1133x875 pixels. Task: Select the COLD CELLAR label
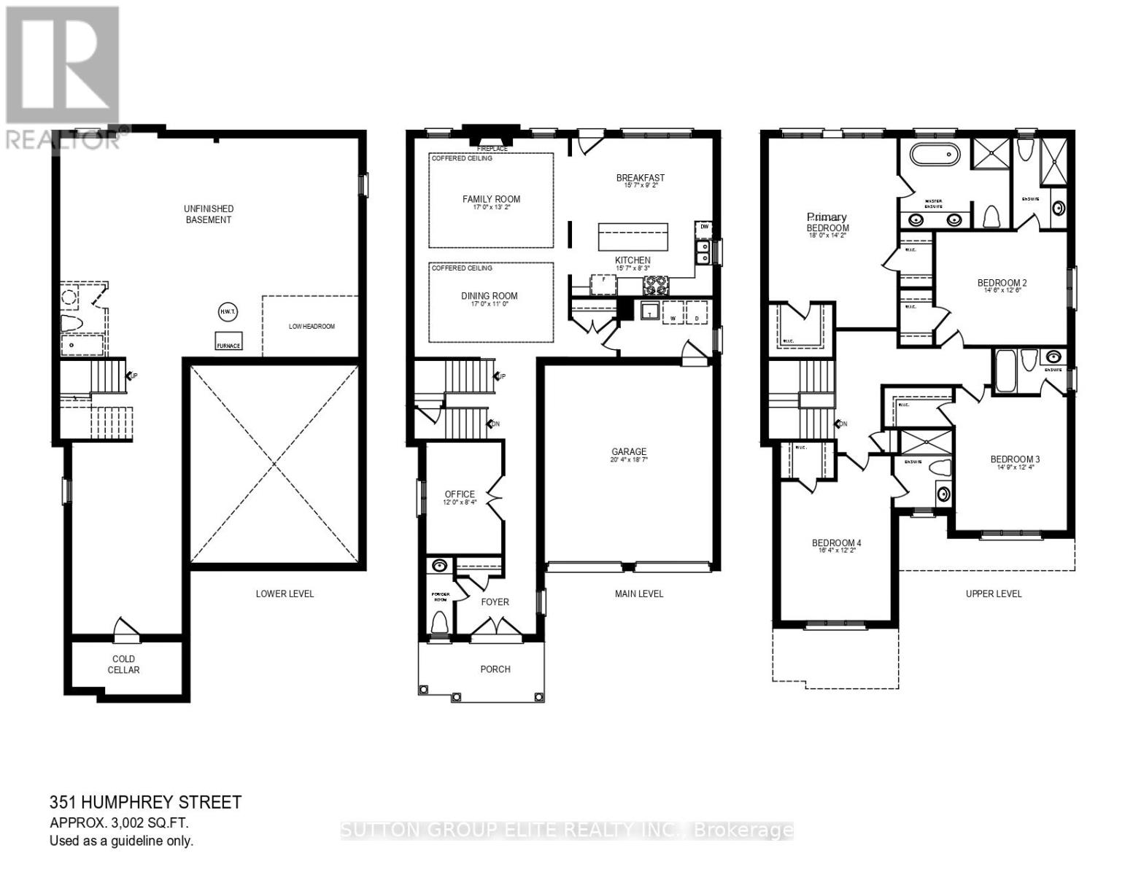click(123, 664)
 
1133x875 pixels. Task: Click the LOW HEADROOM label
click(312, 327)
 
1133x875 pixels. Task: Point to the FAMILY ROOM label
click(491, 199)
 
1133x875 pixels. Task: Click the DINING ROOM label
click(490, 296)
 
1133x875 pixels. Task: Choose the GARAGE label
click(629, 452)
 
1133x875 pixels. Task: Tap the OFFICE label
click(460, 494)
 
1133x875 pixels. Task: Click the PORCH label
click(495, 669)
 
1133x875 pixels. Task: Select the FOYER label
click(495, 602)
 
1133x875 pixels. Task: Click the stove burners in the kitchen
click(654, 284)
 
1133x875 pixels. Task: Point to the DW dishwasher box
click(704, 227)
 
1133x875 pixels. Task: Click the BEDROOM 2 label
click(1002, 283)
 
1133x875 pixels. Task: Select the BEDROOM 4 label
click(837, 543)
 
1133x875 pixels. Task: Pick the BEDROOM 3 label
click(1015, 459)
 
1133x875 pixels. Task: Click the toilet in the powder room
click(439, 622)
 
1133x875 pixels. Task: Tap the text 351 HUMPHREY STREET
click(145, 803)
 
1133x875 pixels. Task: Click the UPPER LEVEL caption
click(994, 594)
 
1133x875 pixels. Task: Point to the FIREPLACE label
click(492, 149)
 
